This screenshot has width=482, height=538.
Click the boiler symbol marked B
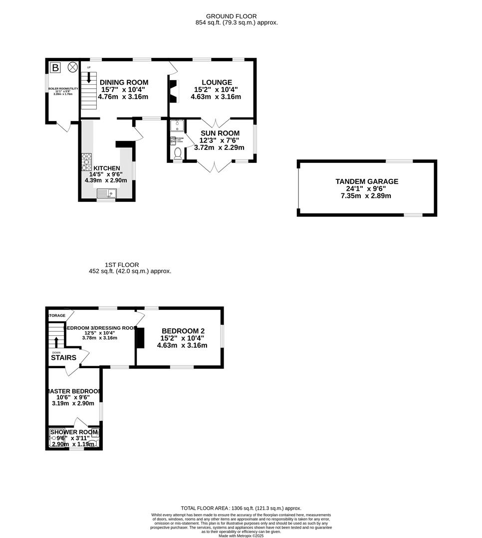click(x=55, y=67)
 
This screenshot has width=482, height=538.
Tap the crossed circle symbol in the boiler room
click(x=73, y=66)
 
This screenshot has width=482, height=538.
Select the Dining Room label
click(x=124, y=82)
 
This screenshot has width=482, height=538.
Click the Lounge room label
click(x=217, y=82)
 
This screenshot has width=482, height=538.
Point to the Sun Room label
click(x=220, y=133)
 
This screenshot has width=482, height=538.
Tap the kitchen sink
click(x=106, y=193)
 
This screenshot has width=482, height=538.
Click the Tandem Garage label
click(x=367, y=181)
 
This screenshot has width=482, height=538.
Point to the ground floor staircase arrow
click(x=89, y=77)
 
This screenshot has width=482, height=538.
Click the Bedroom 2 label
click(x=183, y=330)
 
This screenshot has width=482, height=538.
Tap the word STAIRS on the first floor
click(x=63, y=358)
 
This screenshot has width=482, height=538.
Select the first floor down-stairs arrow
click(x=56, y=342)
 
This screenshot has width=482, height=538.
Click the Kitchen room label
click(x=106, y=168)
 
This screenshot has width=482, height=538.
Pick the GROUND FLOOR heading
click(x=232, y=16)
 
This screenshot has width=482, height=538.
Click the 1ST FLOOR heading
click(x=122, y=265)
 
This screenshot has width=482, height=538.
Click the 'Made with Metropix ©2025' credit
click(x=241, y=536)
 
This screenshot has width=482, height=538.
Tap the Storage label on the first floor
click(x=57, y=316)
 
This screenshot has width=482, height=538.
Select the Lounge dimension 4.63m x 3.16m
click(x=216, y=97)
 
